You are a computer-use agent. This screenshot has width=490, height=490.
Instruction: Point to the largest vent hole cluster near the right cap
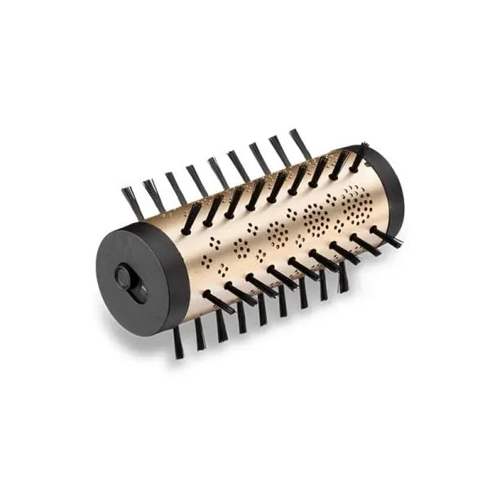(356, 201)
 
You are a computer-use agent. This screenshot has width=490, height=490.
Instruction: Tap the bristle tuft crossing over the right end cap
(359, 158)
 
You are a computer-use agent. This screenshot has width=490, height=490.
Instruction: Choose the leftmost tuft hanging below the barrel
(177, 341)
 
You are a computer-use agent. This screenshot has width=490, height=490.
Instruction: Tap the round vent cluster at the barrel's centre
(278, 234)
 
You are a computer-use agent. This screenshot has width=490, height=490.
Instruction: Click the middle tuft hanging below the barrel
(261, 310)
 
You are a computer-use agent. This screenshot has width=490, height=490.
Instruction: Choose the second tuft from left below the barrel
(199, 333)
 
